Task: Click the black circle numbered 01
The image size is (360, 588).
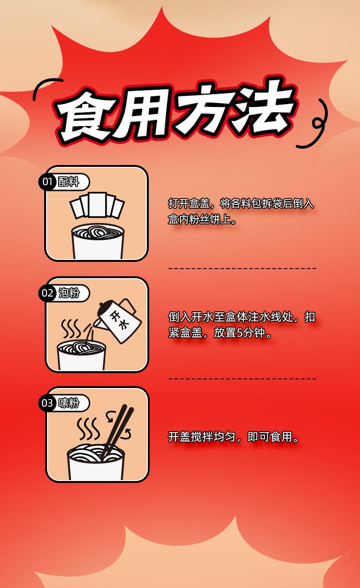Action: point(47,182)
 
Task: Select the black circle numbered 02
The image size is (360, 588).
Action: point(47,293)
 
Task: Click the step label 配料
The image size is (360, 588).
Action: point(68,182)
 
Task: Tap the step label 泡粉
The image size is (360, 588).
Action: point(69,293)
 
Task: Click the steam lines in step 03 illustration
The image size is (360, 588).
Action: point(89,428)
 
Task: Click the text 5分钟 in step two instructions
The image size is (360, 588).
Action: point(251,332)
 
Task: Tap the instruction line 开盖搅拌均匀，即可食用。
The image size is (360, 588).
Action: point(235,437)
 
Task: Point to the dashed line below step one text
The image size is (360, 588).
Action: point(242,269)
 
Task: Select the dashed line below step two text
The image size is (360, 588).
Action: point(242,379)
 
